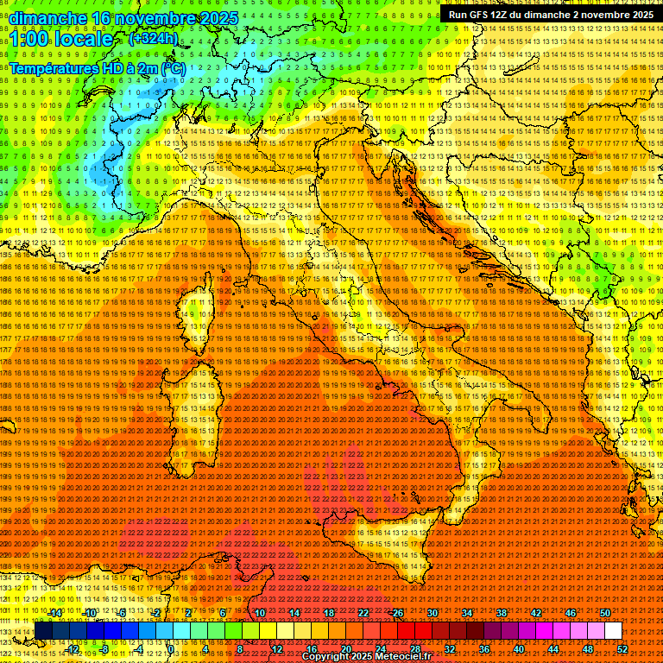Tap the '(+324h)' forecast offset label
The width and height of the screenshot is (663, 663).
(x=153, y=39)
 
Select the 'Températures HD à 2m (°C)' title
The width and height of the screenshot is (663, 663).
(x=98, y=68)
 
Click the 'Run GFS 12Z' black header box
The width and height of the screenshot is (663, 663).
(x=550, y=15)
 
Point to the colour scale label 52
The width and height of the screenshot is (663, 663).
(x=622, y=649)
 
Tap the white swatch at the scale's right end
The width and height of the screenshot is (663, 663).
(x=613, y=631)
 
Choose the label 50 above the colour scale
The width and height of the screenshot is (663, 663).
(x=605, y=613)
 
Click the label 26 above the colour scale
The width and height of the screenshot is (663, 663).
(x=398, y=613)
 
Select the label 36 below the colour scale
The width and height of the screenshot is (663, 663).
(x=483, y=649)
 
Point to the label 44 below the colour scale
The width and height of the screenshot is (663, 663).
(x=553, y=649)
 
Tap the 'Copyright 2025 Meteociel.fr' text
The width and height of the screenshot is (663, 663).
(x=372, y=657)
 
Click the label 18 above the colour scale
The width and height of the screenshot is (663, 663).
(x=329, y=613)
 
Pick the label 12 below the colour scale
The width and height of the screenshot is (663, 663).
(x=277, y=649)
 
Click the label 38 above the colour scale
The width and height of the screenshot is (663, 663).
(x=502, y=613)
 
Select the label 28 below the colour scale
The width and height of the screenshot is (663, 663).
(x=414, y=649)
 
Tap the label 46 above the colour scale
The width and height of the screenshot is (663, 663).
(x=571, y=613)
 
